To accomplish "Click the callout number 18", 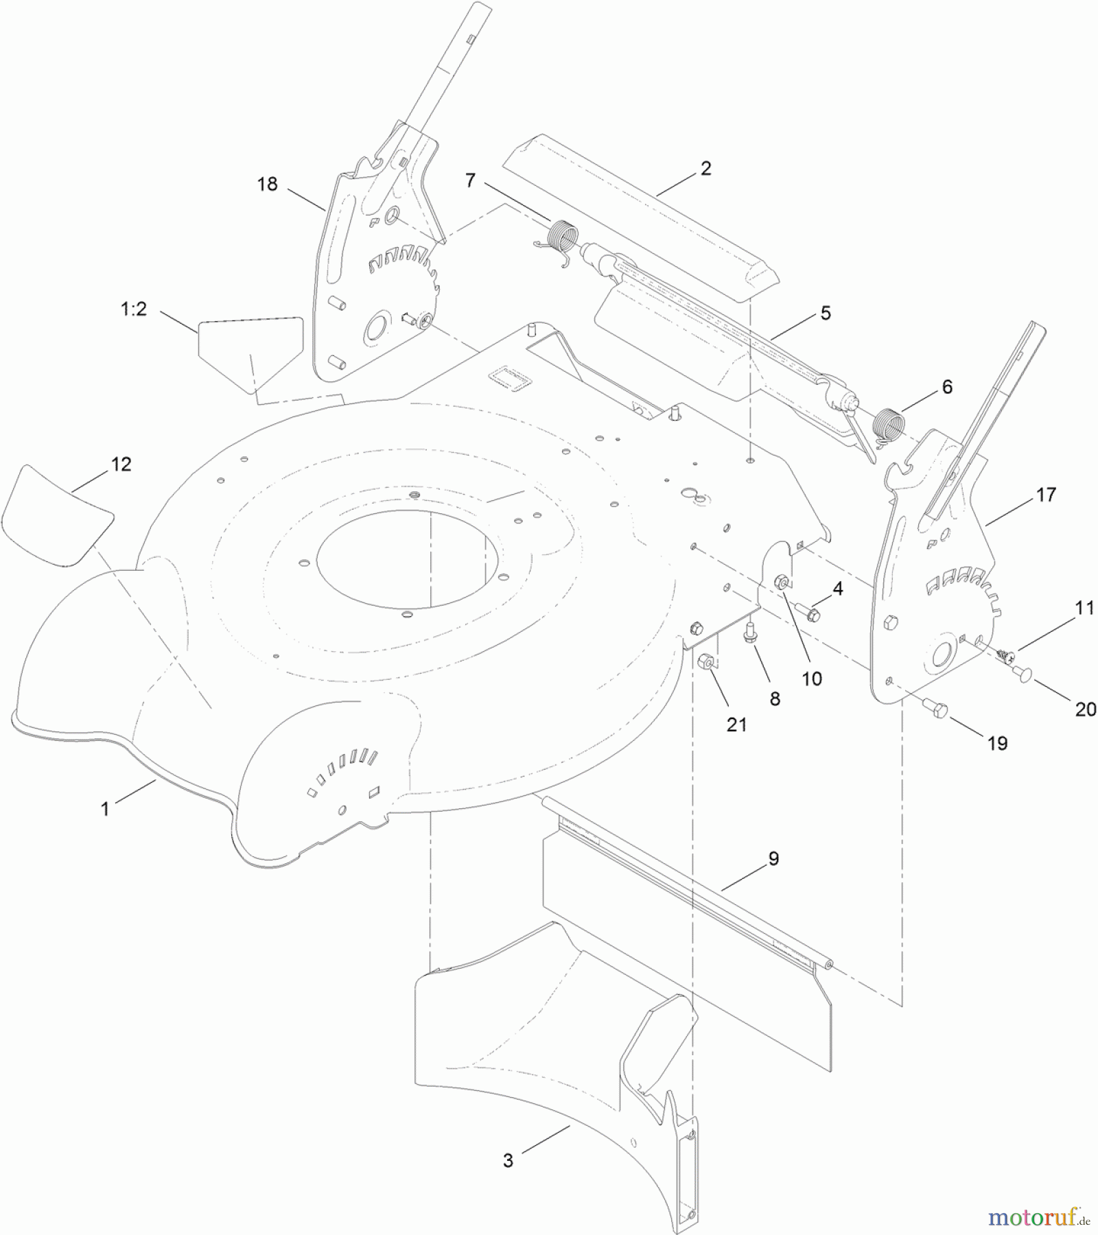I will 268,184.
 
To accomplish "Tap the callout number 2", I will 706,168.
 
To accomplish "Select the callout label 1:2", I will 134,309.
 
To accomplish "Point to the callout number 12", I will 121,464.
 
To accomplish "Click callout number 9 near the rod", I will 773,858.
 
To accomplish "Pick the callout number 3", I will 508,1160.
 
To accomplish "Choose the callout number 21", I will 736,724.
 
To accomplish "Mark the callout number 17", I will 1046,494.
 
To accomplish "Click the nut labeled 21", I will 704,662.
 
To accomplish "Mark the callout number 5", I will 826,313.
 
